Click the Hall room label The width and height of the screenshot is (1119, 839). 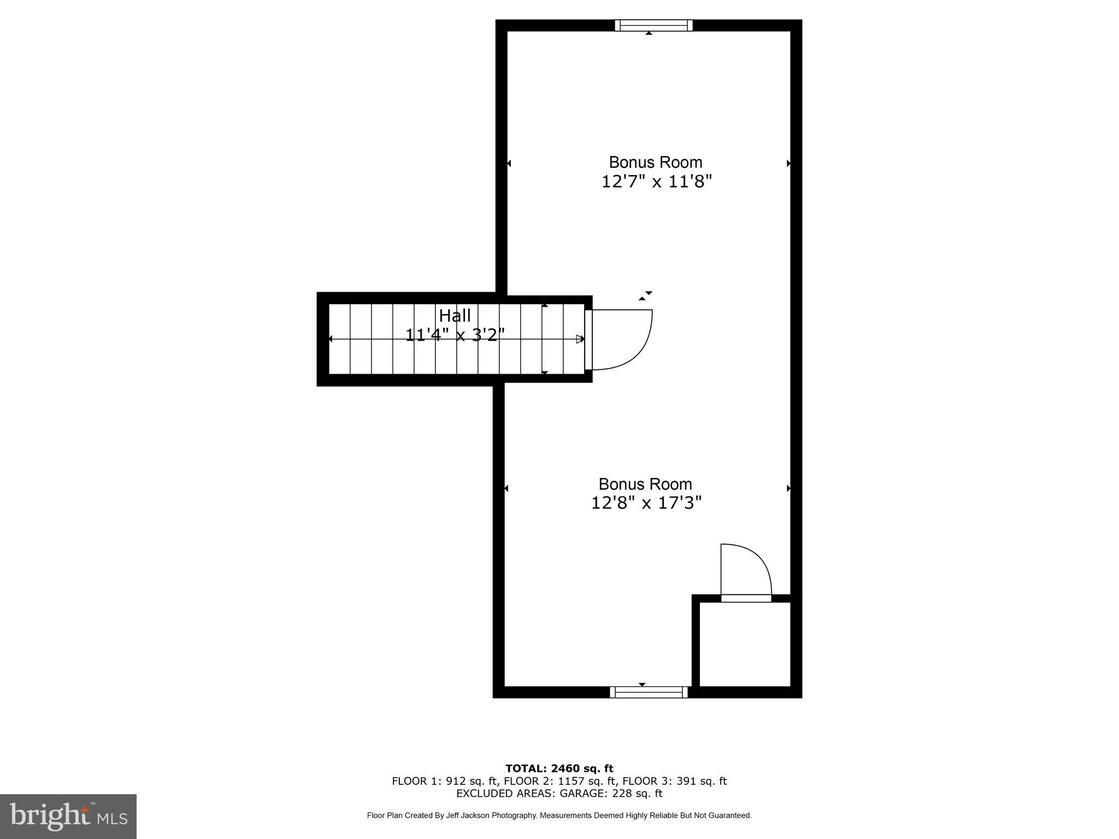pyautogui.click(x=455, y=316)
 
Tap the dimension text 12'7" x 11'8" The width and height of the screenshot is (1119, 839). pyautogui.click(x=657, y=181)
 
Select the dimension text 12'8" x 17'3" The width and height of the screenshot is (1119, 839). pyautogui.click(x=646, y=503)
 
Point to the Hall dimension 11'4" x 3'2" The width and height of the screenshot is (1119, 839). pyautogui.click(x=455, y=334)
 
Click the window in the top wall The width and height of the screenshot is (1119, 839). pyautogui.click(x=653, y=25)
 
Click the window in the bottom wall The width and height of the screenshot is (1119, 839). pyautogui.click(x=649, y=692)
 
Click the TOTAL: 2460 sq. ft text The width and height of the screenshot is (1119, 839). pyautogui.click(x=559, y=769)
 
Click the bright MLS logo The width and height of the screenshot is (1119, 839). pyautogui.click(x=68, y=816)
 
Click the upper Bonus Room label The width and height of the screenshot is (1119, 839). pyautogui.click(x=656, y=162)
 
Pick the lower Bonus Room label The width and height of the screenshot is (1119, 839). pyautogui.click(x=645, y=484)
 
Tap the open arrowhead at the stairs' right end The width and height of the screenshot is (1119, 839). pyautogui.click(x=580, y=339)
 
